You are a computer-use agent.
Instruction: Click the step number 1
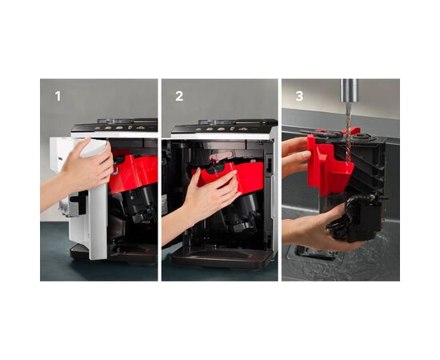pyautogui.click(x=58, y=96)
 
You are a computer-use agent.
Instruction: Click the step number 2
pyautogui.click(x=179, y=96)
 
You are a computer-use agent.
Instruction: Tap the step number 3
pyautogui.click(x=299, y=96)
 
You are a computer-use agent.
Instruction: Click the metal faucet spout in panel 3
pyautogui.click(x=350, y=90)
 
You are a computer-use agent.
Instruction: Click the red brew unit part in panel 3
pyautogui.click(x=327, y=167)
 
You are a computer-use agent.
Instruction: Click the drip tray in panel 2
pyautogui.click(x=222, y=258)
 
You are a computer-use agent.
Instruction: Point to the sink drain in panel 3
pyautogui.click(x=314, y=253)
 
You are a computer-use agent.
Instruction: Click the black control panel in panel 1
pyautogui.click(x=115, y=127)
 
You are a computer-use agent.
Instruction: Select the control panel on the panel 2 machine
pyautogui.click(x=225, y=127)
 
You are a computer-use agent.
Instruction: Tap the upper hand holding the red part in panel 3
pyautogui.click(x=296, y=157)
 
